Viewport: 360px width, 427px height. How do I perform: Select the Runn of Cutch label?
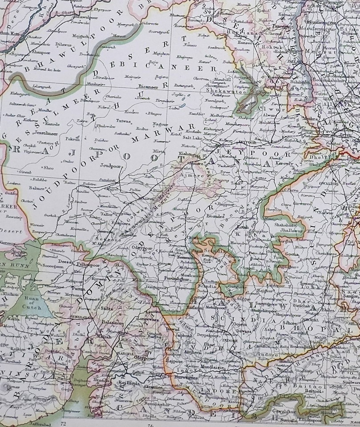click(30, 304)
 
